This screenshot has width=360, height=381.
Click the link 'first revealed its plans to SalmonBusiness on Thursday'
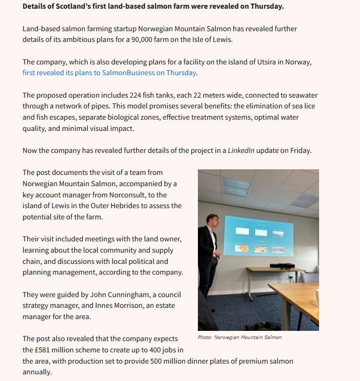click(x=109, y=73)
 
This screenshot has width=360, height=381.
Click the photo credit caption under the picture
click(x=239, y=338)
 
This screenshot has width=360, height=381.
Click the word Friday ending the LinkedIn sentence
click(x=300, y=150)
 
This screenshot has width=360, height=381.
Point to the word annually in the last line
click(x=37, y=372)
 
